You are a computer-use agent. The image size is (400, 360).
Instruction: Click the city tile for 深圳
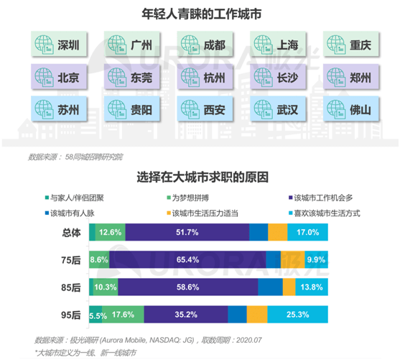pos(56,45)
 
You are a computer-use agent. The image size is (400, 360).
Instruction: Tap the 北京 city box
pos(56,77)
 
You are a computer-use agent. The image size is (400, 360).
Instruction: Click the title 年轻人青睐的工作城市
pos(200,13)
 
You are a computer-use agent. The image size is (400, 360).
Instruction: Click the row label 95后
pos(70,314)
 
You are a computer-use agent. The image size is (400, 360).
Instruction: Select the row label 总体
pos(70,231)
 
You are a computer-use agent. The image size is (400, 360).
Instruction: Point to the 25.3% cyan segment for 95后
pos(297,314)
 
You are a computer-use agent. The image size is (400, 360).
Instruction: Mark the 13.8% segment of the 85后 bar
pos(311,287)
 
